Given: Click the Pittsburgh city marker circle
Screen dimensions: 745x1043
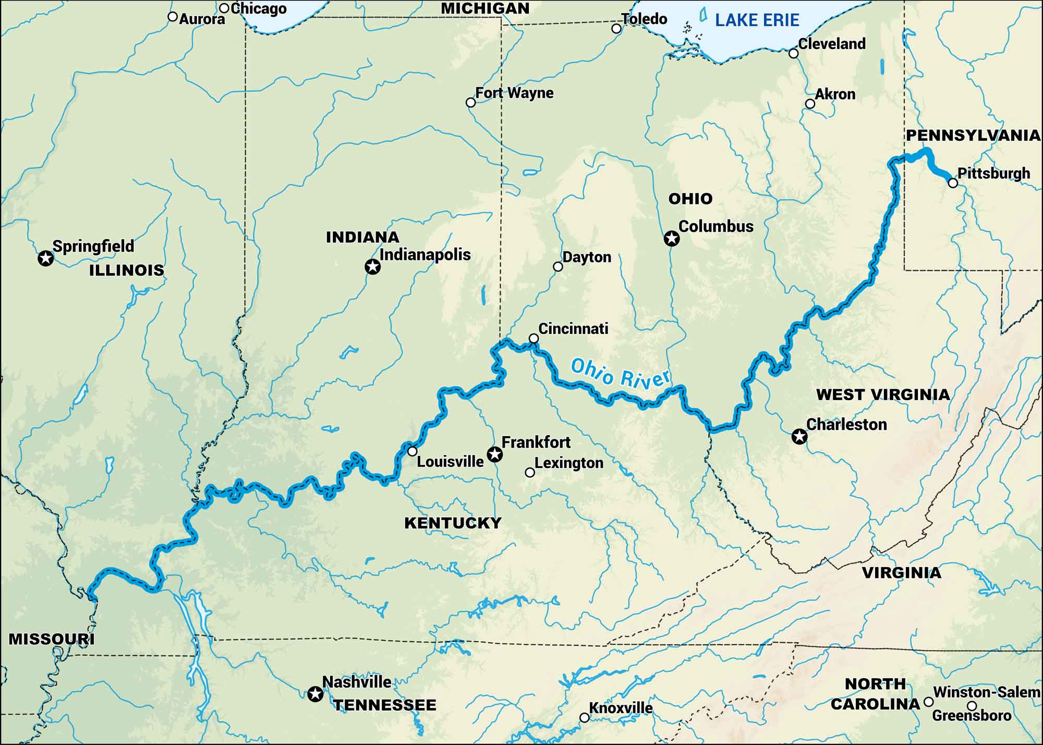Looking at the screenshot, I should pyautogui.click(x=953, y=183).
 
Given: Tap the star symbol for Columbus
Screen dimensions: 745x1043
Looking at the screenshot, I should pyautogui.click(x=672, y=239).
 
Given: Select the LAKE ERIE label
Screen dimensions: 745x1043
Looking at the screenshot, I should pyautogui.click(x=757, y=20).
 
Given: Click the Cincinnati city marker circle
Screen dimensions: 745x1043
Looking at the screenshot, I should pyautogui.click(x=533, y=339).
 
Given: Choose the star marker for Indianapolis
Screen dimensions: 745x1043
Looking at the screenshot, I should pyautogui.click(x=372, y=267).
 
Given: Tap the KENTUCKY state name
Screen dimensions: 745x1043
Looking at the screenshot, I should pyautogui.click(x=453, y=523).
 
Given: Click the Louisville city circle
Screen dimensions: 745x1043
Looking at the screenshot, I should pyautogui.click(x=413, y=451).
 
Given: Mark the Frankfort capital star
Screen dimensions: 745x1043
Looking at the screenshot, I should pyautogui.click(x=494, y=454).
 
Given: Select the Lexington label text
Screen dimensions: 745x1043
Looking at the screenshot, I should pyautogui.click(x=568, y=463).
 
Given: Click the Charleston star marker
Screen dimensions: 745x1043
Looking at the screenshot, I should pyautogui.click(x=799, y=436).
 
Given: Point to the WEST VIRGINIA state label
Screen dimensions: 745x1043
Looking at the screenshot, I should pyautogui.click(x=883, y=395).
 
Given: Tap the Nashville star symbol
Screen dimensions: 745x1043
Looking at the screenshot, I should pyautogui.click(x=315, y=694).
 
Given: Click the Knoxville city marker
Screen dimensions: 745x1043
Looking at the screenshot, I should pyautogui.click(x=585, y=718).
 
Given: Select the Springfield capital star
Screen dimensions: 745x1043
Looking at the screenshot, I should pyautogui.click(x=46, y=258).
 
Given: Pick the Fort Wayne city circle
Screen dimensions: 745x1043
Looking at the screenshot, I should pyautogui.click(x=470, y=102).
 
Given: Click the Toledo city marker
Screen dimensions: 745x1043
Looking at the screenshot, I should pyautogui.click(x=616, y=28).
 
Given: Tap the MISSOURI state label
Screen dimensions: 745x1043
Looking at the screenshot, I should pyautogui.click(x=51, y=639).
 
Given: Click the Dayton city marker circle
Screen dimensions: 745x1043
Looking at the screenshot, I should pyautogui.click(x=557, y=267).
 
